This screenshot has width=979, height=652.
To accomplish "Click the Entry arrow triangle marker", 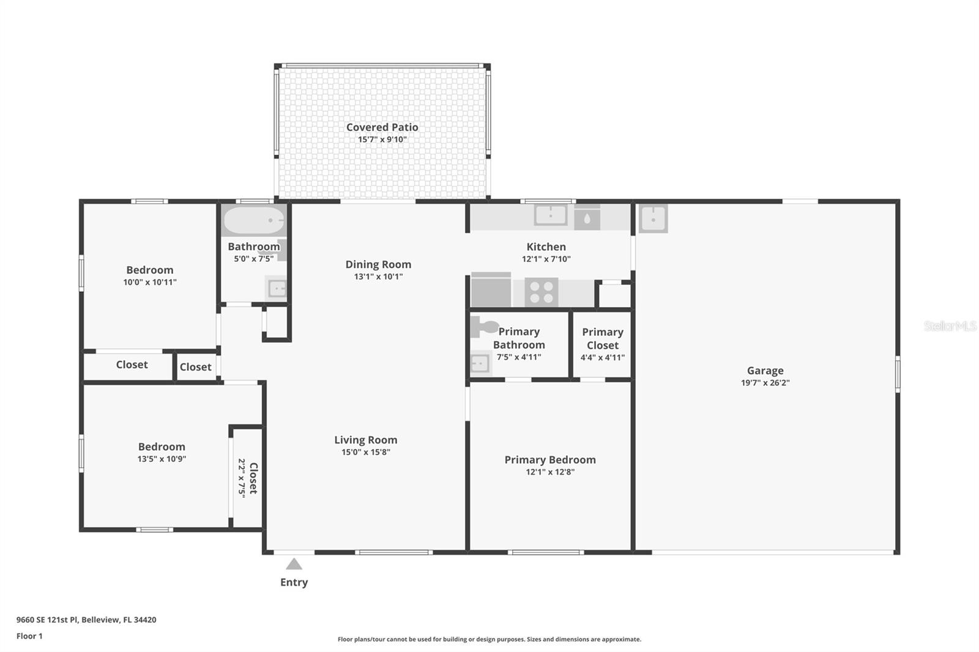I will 294,565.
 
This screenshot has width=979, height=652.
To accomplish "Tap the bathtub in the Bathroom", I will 253,221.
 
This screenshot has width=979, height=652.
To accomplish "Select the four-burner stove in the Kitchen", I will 542,292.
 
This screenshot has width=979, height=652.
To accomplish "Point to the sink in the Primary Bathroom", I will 480,363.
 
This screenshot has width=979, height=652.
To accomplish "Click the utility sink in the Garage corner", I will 653,218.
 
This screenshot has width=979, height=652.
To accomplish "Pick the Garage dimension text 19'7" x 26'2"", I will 765,383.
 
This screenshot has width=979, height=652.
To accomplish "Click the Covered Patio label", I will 382,127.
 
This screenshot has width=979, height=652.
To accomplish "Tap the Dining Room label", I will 378,264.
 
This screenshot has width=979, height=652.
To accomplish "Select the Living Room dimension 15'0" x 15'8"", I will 365,453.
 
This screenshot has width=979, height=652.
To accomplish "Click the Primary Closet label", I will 602,338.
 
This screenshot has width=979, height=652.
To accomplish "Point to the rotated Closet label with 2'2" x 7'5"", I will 248,478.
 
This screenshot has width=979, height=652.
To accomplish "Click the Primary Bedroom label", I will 549,459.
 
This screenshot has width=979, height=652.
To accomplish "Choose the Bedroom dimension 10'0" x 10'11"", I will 150,283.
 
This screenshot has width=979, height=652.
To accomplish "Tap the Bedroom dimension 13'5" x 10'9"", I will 162,459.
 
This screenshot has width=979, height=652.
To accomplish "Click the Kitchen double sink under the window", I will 551,215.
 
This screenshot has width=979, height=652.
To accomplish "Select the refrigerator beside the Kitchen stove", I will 491,290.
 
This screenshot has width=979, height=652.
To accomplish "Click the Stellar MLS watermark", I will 950,326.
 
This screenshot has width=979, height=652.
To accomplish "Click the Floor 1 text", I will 29,636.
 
